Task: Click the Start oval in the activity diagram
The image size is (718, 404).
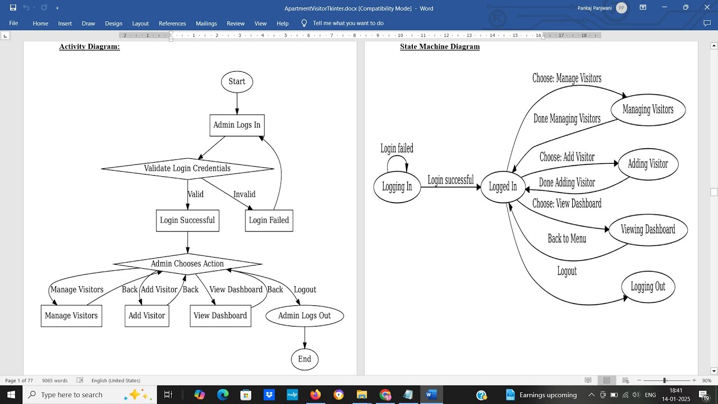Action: pyautogui.click(x=237, y=82)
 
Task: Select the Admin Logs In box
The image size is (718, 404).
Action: pyautogui.click(x=237, y=125)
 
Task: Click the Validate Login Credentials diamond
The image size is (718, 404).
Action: pyautogui.click(x=187, y=168)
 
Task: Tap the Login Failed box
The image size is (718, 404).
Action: pyautogui.click(x=269, y=221)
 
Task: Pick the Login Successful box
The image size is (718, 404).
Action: pyautogui.click(x=187, y=221)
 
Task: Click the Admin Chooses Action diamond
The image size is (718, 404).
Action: pyautogui.click(x=187, y=264)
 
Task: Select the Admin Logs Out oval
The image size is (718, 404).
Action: pyautogui.click(x=305, y=316)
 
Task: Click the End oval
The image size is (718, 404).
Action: pyautogui.click(x=305, y=359)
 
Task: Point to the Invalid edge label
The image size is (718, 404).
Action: pyautogui.click(x=244, y=195)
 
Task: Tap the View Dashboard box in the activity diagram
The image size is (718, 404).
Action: pyautogui.click(x=220, y=316)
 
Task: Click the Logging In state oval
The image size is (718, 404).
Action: pyautogui.click(x=397, y=187)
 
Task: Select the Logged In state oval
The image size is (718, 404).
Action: pyautogui.click(x=503, y=187)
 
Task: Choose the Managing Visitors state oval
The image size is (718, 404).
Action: pyautogui.click(x=648, y=110)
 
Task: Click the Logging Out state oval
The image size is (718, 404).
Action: pyautogui.click(x=648, y=287)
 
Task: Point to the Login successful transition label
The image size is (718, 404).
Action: pyautogui.click(x=450, y=180)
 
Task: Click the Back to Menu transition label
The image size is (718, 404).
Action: pyautogui.click(x=567, y=239)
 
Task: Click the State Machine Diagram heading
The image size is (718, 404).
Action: pyautogui.click(x=440, y=47)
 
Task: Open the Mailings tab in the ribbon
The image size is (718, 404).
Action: pyautogui.click(x=206, y=24)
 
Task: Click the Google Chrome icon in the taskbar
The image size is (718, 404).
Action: pyautogui.click(x=385, y=395)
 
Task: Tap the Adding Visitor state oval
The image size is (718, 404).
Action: pyautogui.click(x=648, y=164)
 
